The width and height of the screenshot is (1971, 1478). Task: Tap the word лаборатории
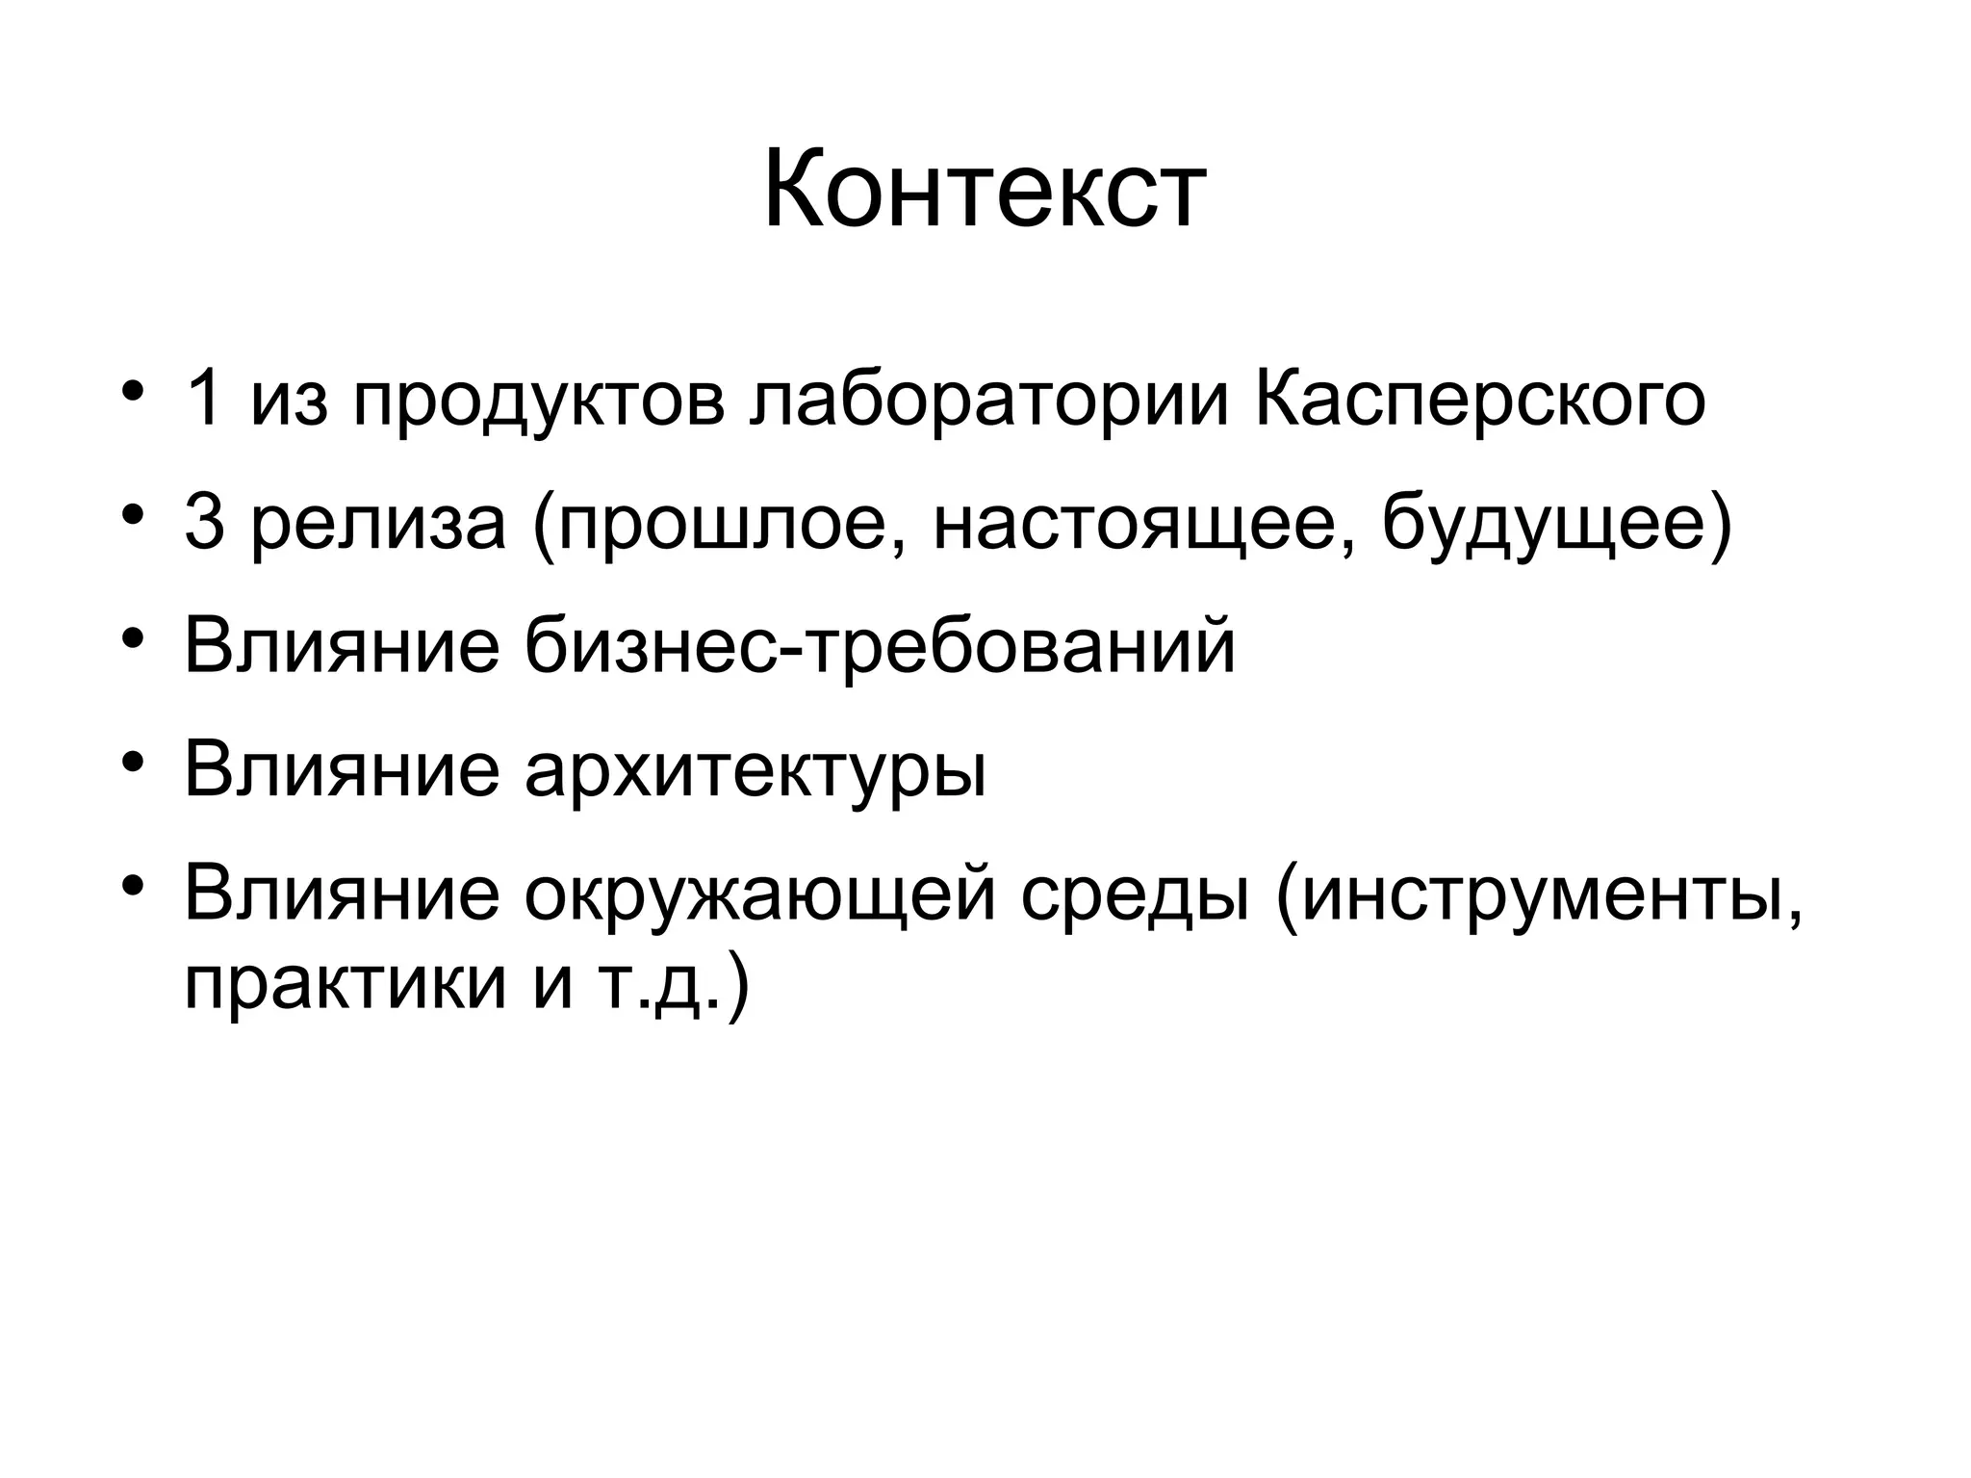click(x=988, y=402)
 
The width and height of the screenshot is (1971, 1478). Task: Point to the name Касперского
click(x=1480, y=402)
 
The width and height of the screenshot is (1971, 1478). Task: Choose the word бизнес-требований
click(x=880, y=647)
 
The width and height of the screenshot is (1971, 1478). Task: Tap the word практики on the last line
click(x=345, y=982)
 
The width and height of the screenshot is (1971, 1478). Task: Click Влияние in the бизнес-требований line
click(x=342, y=647)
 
